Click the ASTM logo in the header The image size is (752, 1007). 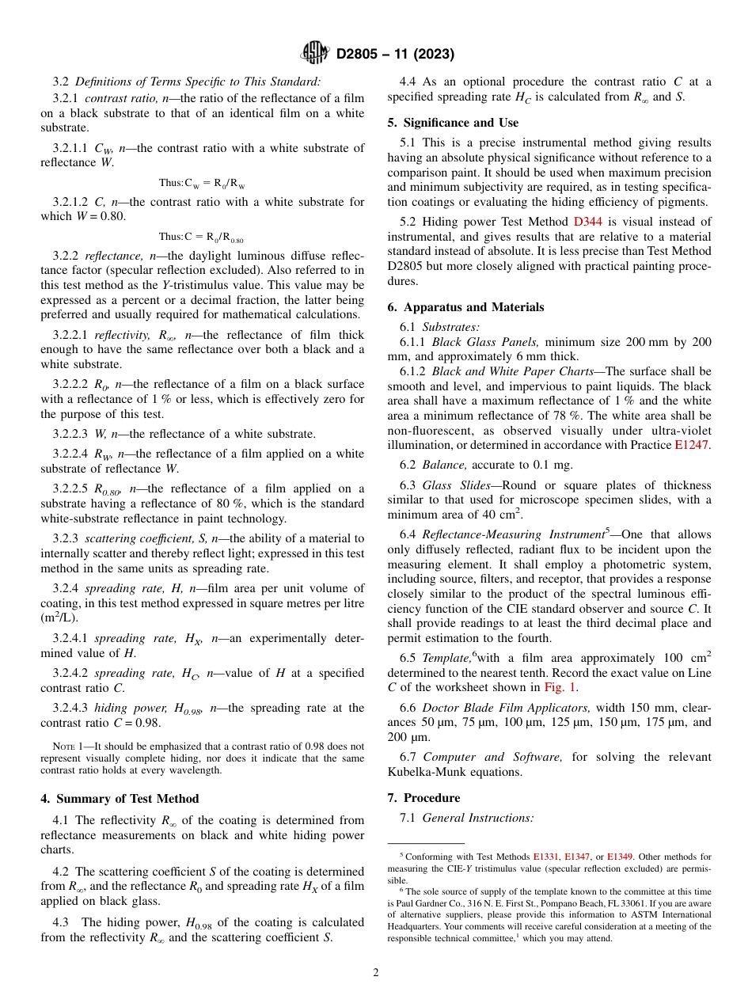315,53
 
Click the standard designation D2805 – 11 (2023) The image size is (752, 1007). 395,54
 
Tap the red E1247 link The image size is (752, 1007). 693,446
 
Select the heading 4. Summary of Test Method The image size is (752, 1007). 120,798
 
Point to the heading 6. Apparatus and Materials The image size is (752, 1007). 465,307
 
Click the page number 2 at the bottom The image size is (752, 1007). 376,973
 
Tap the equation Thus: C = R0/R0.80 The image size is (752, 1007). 201,237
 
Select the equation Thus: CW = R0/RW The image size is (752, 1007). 201,183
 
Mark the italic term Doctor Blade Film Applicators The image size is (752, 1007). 506,707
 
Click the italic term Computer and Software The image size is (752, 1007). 492,758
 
